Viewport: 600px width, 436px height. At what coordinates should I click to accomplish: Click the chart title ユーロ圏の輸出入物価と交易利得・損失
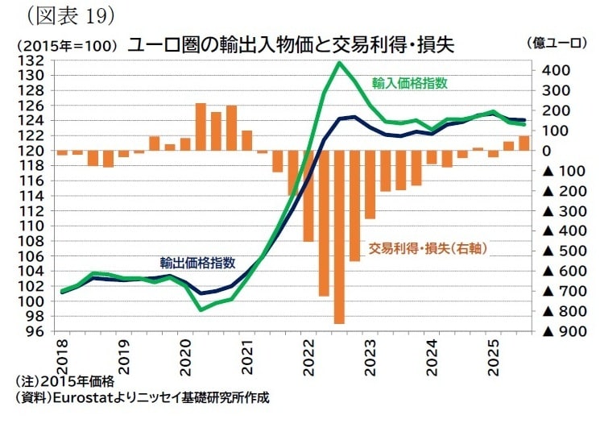291,44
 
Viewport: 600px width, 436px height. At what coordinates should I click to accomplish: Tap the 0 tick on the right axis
547,151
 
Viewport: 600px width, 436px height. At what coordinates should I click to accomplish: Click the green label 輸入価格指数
410,82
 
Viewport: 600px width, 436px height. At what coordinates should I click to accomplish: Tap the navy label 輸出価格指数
197,262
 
